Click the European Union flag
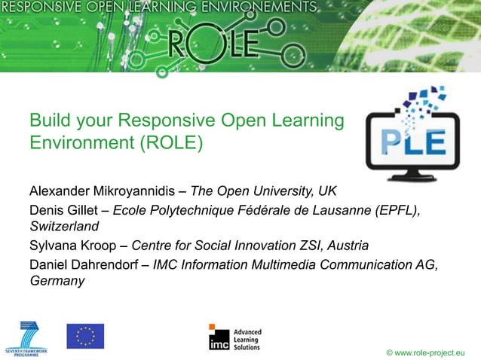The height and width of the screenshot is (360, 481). click(x=85, y=336)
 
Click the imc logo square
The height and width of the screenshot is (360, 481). click(x=219, y=337)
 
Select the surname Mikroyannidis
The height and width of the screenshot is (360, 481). click(x=139, y=188)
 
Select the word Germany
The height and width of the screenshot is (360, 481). click(x=57, y=282)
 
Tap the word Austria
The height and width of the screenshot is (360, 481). click(x=348, y=246)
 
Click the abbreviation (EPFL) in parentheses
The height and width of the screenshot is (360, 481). click(x=397, y=209)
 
